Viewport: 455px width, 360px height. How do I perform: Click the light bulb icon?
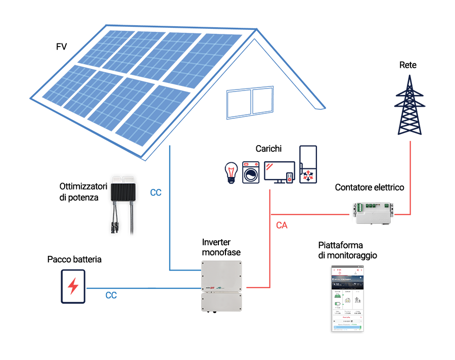pos(231,172)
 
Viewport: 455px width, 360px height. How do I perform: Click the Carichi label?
pos(268,149)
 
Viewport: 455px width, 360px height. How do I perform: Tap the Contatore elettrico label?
pos(370,188)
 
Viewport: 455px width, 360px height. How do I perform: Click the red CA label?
pos(282,226)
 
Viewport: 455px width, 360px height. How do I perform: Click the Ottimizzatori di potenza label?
pos(83,192)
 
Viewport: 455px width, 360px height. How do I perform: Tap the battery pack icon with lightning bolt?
pos(73,286)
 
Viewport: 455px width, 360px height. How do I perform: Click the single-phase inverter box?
pos(221,286)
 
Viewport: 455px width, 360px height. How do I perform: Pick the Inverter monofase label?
pos(221,247)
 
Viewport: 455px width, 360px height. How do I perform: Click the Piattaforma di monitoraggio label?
pos(347,250)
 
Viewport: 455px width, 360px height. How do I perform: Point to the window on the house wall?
pos(252,103)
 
